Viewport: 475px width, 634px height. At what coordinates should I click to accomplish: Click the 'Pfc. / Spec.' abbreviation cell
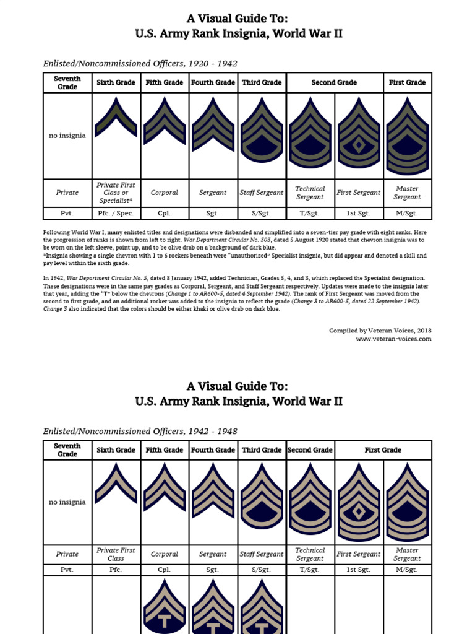(116, 213)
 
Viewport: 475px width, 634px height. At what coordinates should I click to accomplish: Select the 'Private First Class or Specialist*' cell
(116, 193)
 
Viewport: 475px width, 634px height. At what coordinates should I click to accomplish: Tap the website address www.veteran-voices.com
(393, 339)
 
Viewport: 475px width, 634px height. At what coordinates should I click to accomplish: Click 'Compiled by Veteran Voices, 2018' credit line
(380, 331)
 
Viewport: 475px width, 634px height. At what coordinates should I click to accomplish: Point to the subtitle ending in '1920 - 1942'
(140, 63)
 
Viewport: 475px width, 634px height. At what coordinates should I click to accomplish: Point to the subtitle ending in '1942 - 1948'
(140, 431)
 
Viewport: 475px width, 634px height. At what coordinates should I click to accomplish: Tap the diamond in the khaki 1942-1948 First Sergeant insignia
(359, 511)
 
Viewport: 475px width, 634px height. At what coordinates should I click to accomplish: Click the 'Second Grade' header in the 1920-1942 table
(334, 82)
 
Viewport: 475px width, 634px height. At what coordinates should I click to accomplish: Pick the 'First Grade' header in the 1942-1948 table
(383, 450)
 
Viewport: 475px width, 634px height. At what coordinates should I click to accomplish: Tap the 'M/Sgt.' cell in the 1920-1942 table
(407, 213)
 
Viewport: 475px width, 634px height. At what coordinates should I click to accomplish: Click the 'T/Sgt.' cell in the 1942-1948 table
(310, 570)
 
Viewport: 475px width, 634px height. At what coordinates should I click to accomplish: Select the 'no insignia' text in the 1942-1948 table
(67, 502)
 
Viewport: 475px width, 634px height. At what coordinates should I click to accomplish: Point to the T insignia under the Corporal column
(165, 610)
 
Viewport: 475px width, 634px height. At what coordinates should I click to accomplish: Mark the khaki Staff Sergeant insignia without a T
(262, 495)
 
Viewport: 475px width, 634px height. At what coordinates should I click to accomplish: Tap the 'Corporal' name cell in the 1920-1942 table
(165, 193)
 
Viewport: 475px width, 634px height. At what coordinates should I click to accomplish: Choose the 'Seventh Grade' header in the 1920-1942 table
(67, 82)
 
